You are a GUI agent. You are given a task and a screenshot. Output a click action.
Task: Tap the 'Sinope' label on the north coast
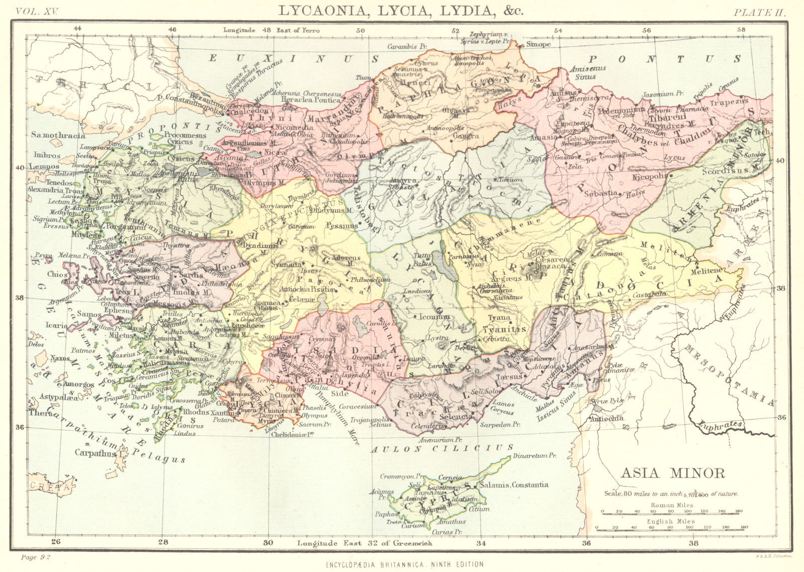click(538, 44)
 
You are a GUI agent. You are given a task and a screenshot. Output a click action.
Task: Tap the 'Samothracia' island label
click(58, 135)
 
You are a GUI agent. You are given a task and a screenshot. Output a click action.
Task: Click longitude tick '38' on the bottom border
click(694, 542)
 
